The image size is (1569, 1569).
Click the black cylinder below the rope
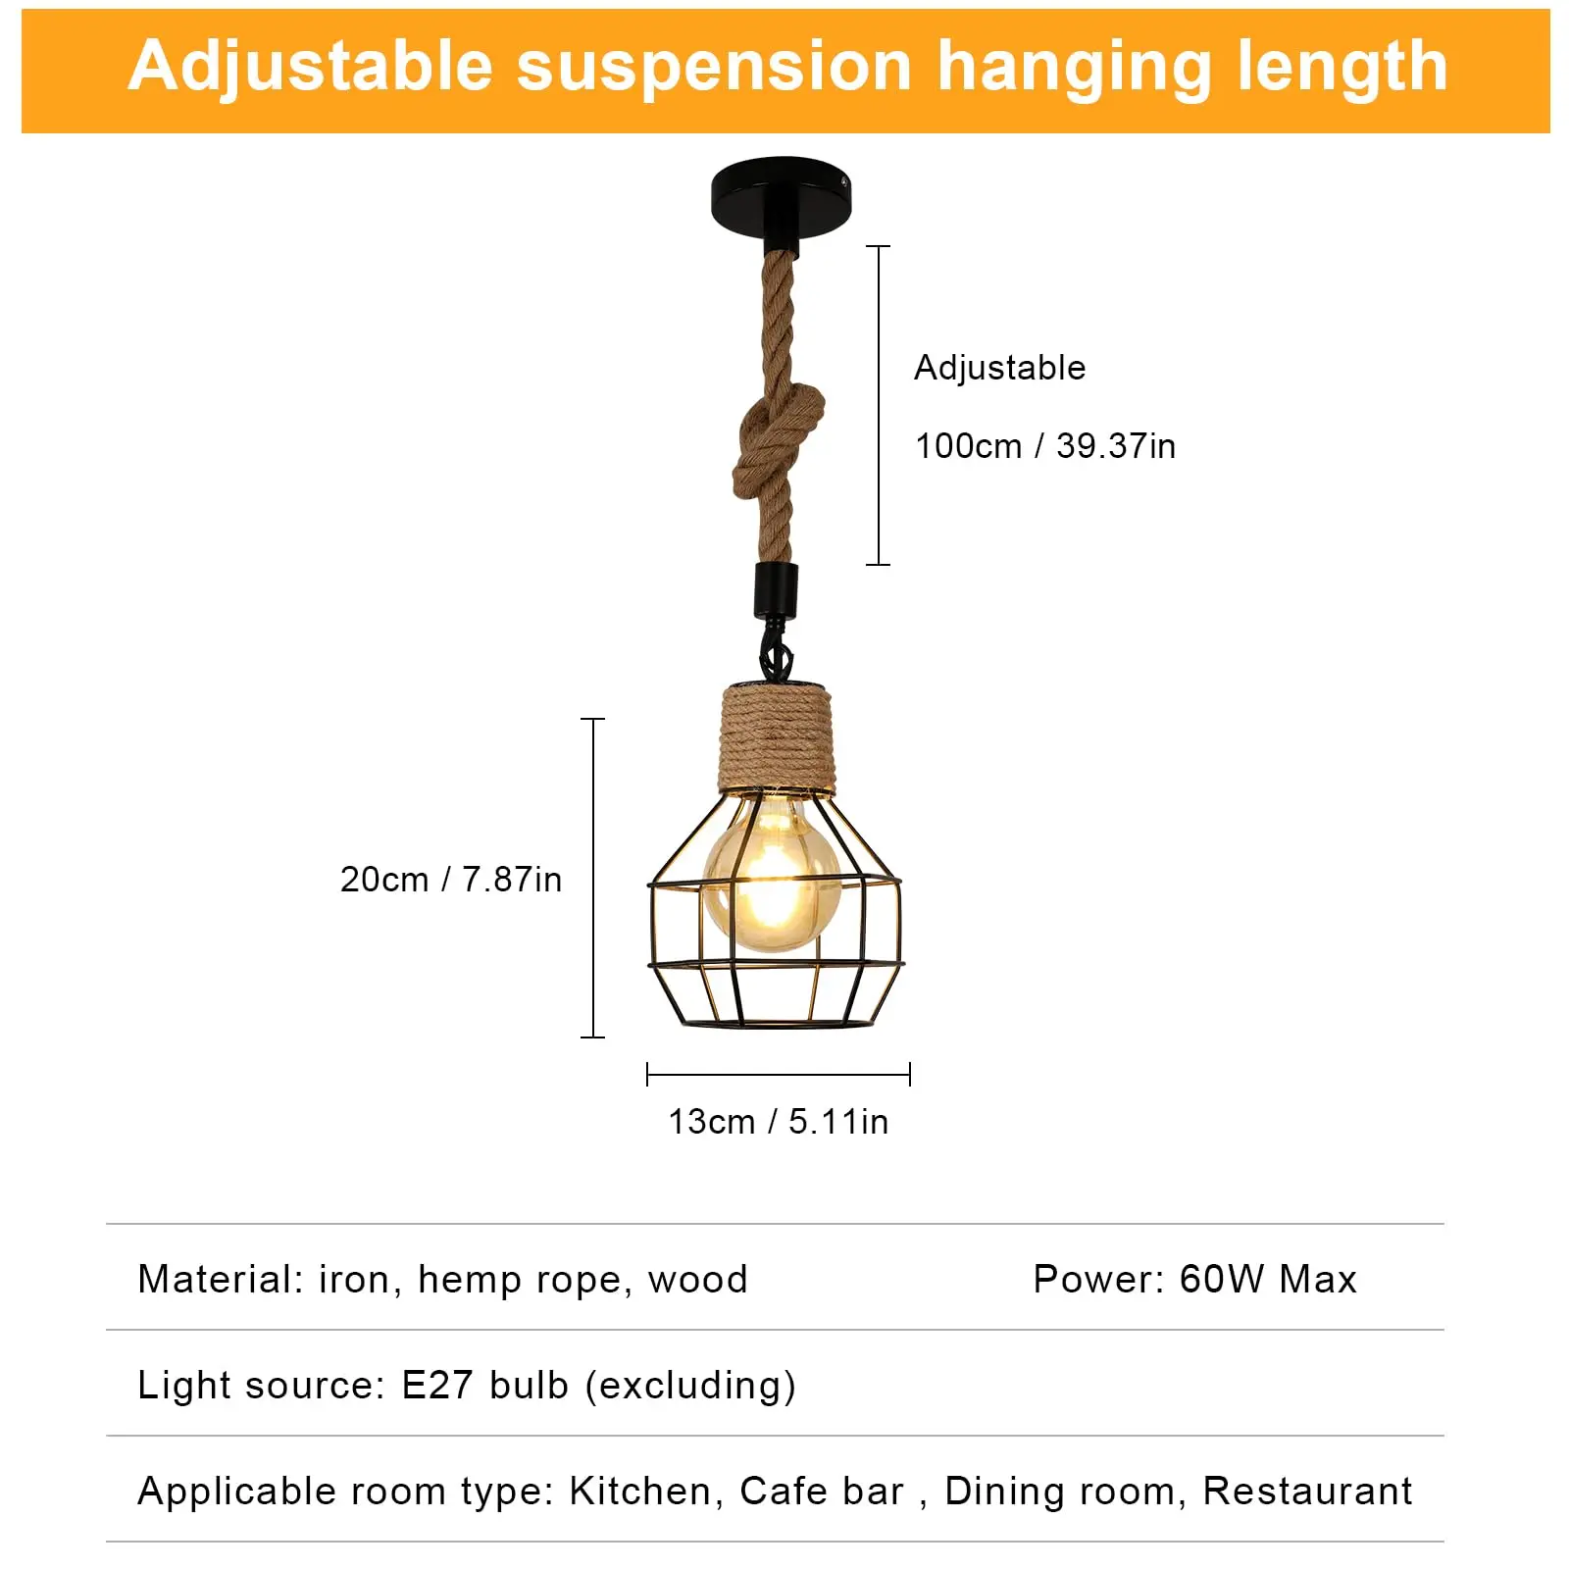coord(775,588)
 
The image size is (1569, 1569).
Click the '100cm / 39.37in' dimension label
coord(1044,446)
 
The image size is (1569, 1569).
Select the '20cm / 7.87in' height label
coord(451,880)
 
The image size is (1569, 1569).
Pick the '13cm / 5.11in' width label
coord(778,1121)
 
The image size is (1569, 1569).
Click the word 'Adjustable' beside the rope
coord(999,368)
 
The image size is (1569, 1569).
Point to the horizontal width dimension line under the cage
coord(779,1075)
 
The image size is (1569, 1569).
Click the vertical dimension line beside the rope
coord(879,405)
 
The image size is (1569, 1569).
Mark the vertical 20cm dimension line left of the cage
coord(593,878)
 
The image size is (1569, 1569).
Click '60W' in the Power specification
coord(1222,1279)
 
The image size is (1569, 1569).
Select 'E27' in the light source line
coord(437,1385)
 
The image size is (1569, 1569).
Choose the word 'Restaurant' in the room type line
coord(1307,1491)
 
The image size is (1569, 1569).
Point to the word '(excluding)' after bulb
coord(690,1386)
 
